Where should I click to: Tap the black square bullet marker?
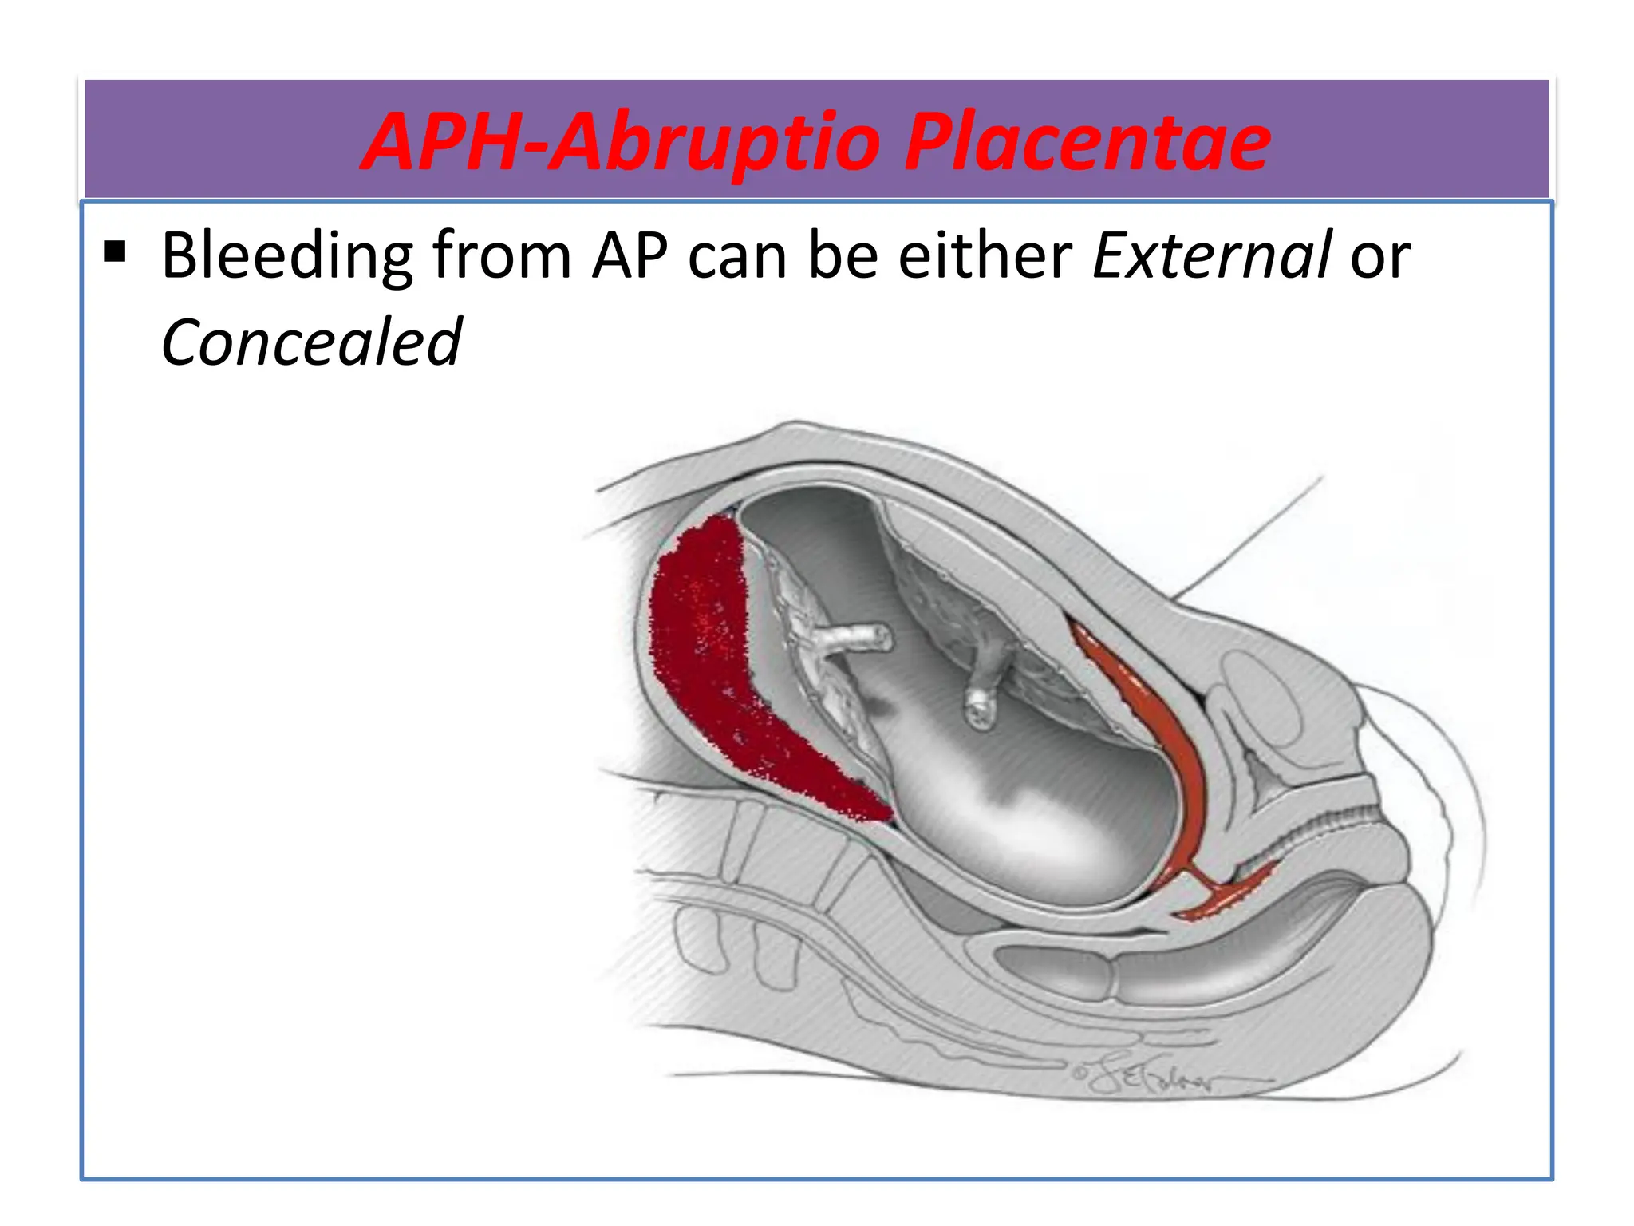point(115,252)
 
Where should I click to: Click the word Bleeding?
point(286,255)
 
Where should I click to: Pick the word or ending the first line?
point(1379,255)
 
